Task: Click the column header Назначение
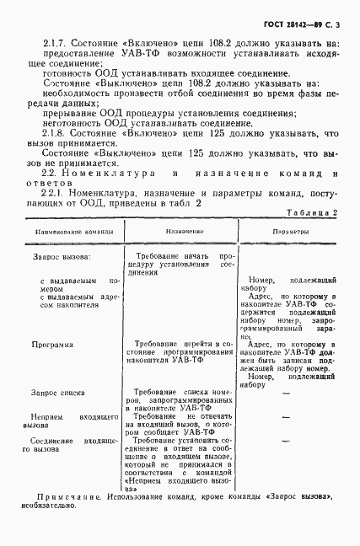[x=180, y=229]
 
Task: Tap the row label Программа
[x=51, y=344]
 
